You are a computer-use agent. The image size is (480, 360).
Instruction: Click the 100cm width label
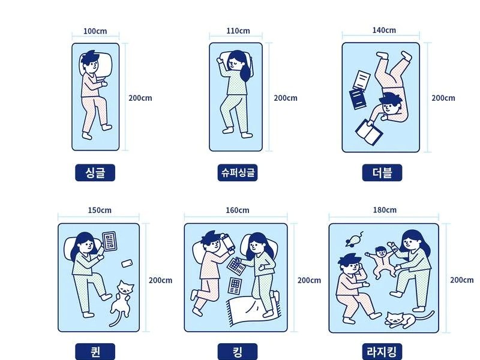95,31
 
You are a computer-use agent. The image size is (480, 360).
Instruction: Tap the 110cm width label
238,31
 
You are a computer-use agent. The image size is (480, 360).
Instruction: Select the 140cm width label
384,31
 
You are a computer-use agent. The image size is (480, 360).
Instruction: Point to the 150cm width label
100,211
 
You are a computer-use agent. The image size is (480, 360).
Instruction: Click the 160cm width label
238,211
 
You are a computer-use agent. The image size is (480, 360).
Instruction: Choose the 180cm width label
385,210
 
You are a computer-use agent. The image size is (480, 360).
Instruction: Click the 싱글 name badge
95,173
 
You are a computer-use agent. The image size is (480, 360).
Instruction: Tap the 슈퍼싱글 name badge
238,173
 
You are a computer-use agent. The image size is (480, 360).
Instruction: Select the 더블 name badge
382,173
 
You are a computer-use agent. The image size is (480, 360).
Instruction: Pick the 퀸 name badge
95,352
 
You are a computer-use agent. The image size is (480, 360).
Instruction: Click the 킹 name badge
238,352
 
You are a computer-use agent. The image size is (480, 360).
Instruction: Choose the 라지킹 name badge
382,352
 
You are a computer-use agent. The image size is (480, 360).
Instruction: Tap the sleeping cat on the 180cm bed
404,319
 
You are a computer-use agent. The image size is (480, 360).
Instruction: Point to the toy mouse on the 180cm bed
354,239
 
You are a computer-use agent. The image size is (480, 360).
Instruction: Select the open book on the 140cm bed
369,131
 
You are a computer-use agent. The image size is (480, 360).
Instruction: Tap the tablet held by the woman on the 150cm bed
109,241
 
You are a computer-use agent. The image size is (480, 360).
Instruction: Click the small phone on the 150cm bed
127,263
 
